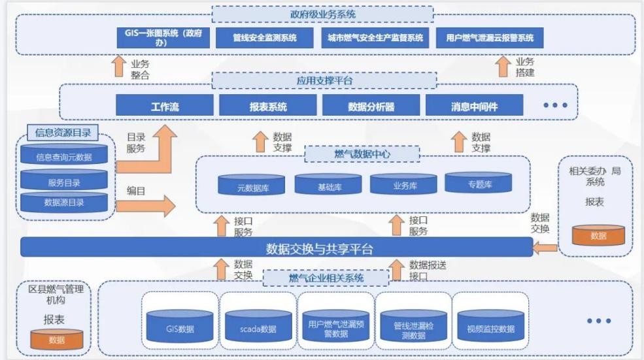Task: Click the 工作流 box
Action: coord(165,106)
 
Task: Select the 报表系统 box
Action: coord(268,106)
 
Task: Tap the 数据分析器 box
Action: coord(371,106)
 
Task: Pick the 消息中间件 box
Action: coord(474,106)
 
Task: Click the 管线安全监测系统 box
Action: coord(265,38)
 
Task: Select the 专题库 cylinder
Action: coord(479,183)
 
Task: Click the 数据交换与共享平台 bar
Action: coord(277,248)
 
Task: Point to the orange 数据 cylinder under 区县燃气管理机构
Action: coord(57,339)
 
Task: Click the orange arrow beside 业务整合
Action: coord(118,67)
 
